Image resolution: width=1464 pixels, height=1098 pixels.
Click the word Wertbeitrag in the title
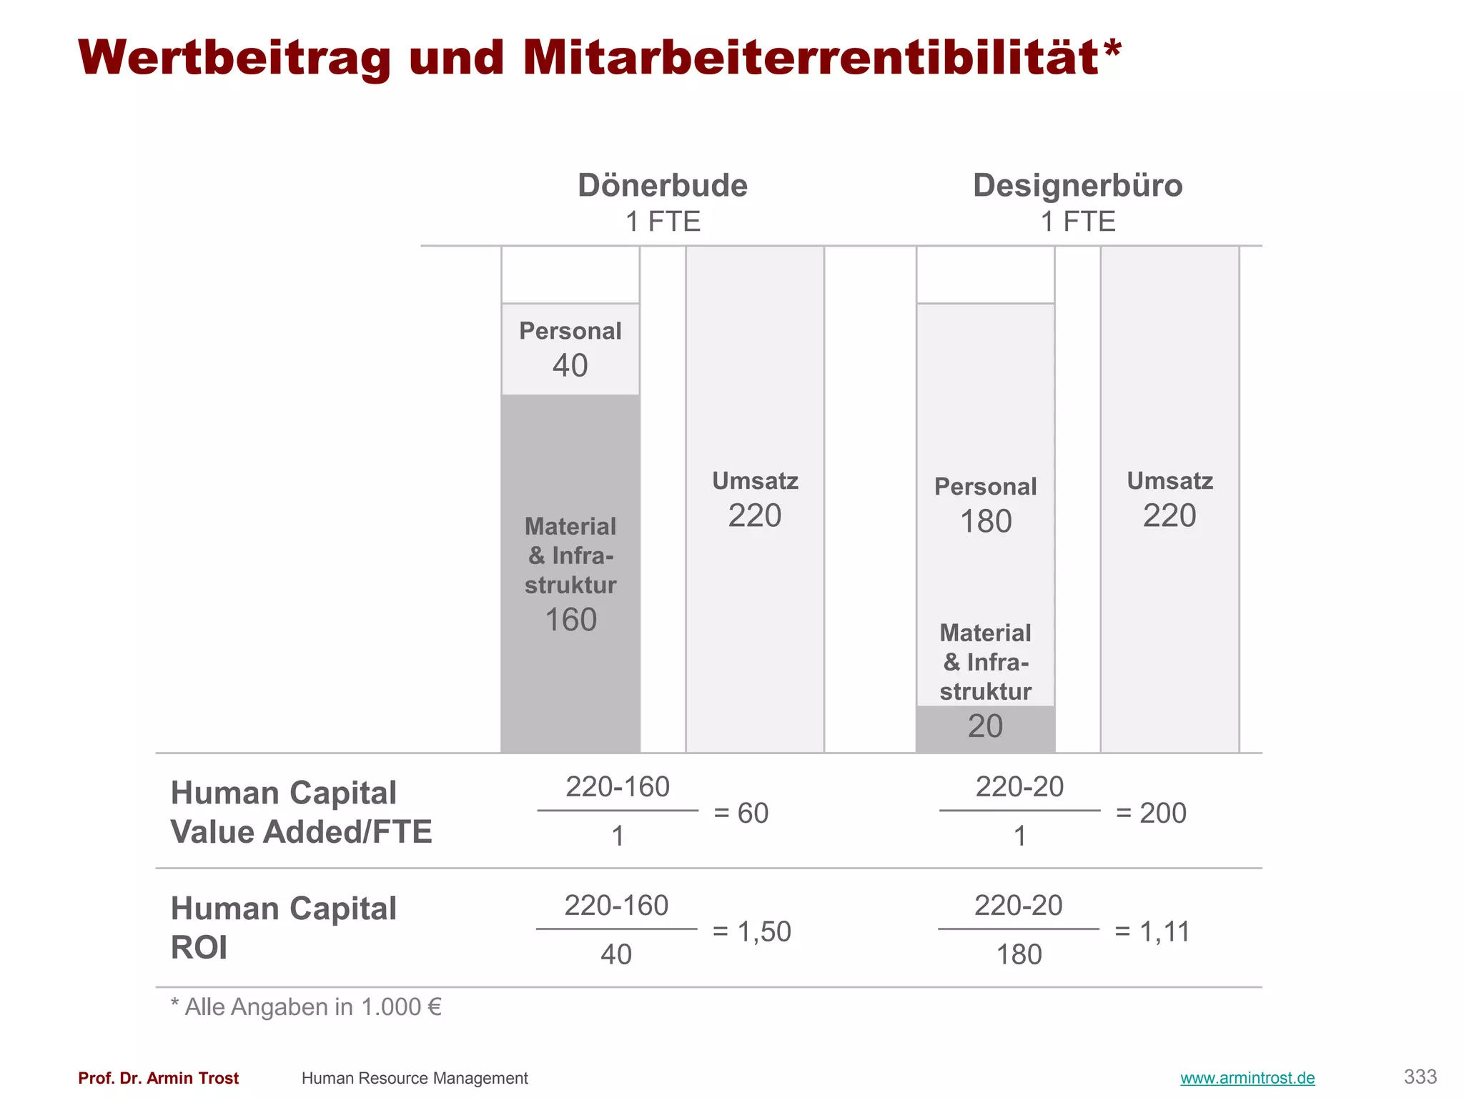tap(234, 57)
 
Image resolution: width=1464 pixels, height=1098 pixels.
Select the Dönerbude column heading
tap(663, 186)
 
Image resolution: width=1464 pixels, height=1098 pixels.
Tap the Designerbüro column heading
tap(1077, 186)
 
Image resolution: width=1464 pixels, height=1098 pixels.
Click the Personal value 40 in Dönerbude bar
tap(570, 365)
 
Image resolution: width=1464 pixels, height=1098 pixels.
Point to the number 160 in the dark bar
tap(570, 620)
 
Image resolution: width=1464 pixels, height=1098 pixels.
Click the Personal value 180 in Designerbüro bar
tap(985, 521)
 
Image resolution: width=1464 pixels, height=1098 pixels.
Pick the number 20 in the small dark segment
tap(985, 726)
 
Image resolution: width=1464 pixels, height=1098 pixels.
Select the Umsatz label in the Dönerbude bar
tap(755, 481)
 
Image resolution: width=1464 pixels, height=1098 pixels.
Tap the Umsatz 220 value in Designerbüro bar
tap(1169, 515)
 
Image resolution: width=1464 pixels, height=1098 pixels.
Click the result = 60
tap(741, 813)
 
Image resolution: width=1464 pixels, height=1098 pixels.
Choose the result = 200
tap(1151, 813)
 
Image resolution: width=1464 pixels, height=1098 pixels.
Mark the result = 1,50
tap(752, 932)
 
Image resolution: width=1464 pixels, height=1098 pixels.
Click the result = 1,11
tap(1152, 932)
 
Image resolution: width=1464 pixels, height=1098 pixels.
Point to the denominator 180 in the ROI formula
tap(1019, 955)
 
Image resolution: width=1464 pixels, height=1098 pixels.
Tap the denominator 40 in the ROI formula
tap(616, 955)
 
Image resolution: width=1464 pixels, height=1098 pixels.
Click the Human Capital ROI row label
tap(283, 928)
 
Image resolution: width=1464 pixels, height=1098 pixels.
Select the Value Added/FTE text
tap(301, 832)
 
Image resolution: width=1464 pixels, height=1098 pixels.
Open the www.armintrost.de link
tap(1247, 1078)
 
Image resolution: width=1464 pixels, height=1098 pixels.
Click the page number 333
tap(1420, 1077)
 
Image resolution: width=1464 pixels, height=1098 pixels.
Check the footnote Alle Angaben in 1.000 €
tap(306, 1007)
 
